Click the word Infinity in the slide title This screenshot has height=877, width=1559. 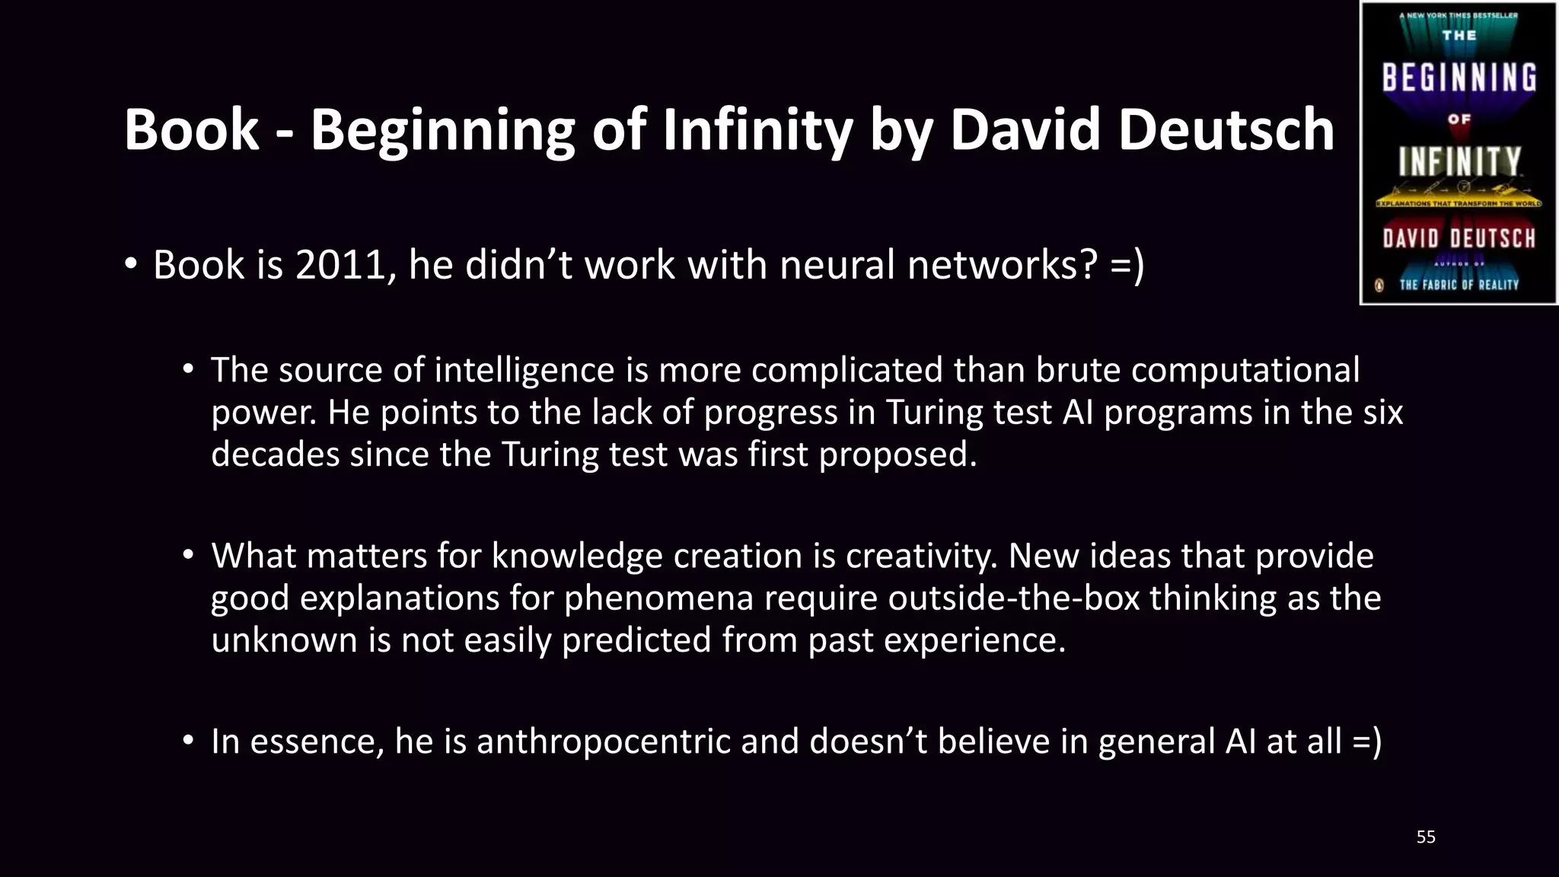757,129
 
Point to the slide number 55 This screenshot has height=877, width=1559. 1426,837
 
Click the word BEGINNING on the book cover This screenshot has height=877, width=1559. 1459,78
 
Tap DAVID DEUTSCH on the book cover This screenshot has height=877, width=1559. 1459,238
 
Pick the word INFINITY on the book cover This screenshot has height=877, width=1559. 1459,161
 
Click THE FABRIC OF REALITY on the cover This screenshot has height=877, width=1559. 1459,285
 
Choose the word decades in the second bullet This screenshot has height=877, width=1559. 275,454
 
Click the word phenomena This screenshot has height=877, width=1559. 658,598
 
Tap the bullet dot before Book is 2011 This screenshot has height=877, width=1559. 131,264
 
